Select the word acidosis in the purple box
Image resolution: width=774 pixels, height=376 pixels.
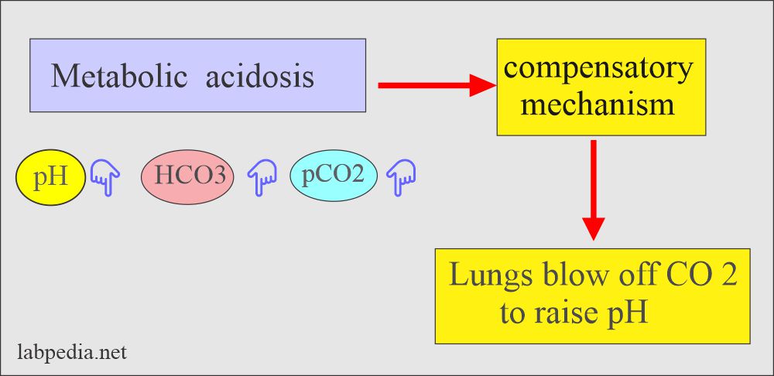(x=260, y=77)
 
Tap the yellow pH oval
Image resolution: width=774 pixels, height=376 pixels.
(x=50, y=178)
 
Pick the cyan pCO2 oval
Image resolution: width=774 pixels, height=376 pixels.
(x=333, y=176)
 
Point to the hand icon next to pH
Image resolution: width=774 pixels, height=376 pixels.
(x=104, y=179)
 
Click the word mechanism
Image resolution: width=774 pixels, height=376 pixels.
(x=598, y=103)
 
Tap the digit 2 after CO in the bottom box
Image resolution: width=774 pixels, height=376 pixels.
(x=728, y=277)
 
